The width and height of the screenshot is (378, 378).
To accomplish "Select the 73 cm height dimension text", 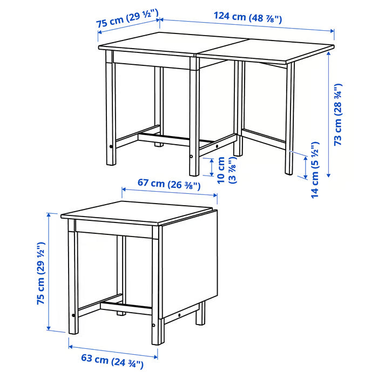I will point(339,114).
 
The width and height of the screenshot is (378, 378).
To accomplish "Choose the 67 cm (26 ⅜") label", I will point(169,184).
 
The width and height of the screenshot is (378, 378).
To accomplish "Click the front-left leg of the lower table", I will point(73,281).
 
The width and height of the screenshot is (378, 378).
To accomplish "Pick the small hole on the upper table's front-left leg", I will point(111,146).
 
